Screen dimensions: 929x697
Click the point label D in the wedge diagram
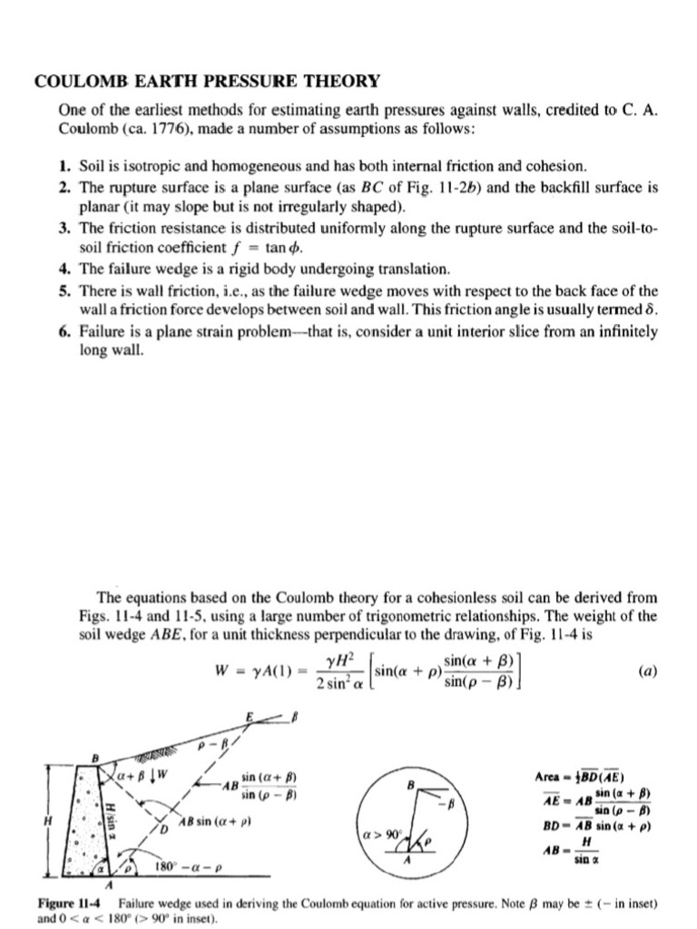tap(165, 829)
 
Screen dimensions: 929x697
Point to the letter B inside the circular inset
tap(410, 783)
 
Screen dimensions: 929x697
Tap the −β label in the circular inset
tap(444, 802)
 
